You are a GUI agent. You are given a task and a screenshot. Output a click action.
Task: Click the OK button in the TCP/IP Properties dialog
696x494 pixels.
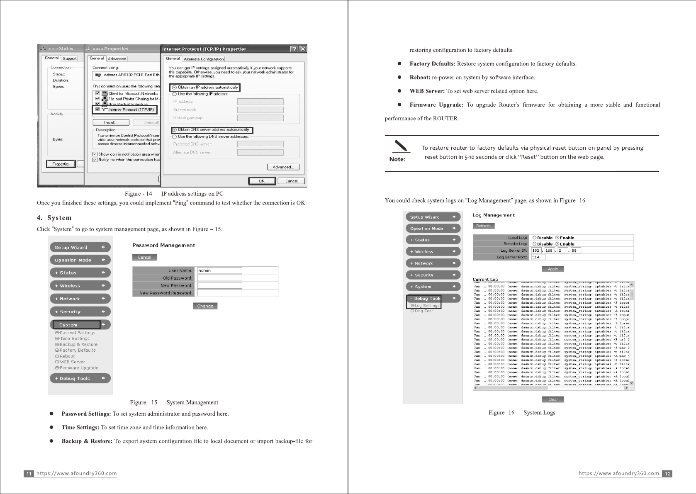point(262,181)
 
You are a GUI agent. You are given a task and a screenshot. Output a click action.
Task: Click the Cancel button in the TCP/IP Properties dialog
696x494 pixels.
point(291,181)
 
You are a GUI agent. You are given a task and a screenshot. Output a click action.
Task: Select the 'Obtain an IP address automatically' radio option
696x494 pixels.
point(175,88)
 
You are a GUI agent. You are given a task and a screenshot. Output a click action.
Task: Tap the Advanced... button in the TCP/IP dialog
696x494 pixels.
point(283,167)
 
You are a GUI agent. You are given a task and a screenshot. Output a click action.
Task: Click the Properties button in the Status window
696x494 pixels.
point(61,164)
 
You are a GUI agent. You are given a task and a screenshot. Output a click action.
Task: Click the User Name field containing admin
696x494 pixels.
point(219,270)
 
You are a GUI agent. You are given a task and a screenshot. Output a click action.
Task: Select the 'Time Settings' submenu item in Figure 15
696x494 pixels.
point(74,339)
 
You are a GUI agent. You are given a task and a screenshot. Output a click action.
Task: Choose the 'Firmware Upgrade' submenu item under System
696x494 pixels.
point(78,368)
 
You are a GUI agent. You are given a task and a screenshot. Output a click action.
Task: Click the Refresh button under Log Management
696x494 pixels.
point(483,226)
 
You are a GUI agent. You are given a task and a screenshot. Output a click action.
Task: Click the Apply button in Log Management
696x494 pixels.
point(552,269)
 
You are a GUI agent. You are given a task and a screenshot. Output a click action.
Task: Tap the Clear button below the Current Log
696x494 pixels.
point(553,400)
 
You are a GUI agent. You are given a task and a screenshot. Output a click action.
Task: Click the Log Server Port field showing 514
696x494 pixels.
point(538,257)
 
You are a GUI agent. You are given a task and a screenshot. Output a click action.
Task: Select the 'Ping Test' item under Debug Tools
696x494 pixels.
point(423,311)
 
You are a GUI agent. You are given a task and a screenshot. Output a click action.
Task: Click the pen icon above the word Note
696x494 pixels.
point(400,146)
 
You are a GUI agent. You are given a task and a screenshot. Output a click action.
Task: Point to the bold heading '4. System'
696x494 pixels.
point(54,218)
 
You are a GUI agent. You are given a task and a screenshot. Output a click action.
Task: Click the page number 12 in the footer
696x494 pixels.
point(667,474)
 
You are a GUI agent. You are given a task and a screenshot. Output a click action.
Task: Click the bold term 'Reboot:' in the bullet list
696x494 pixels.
point(420,78)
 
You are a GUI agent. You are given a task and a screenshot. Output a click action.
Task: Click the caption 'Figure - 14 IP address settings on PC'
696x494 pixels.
point(174,194)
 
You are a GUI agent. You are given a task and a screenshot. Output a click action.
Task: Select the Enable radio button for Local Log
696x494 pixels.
point(557,238)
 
